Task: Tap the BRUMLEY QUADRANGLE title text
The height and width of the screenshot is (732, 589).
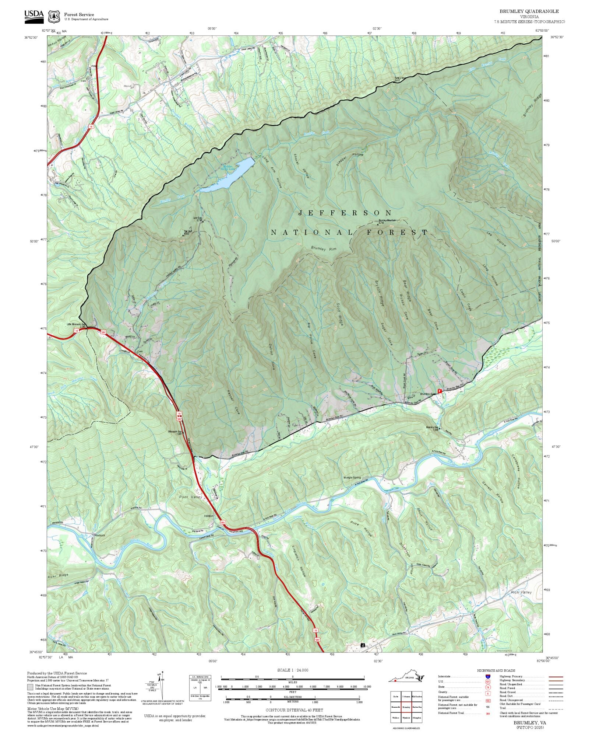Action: coord(529,11)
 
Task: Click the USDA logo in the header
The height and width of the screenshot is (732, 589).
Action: coord(34,16)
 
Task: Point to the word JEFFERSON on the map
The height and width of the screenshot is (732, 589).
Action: coord(345,213)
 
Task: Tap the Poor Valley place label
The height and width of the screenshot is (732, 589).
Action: coord(191,497)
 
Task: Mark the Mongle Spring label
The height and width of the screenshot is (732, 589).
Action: coord(352,478)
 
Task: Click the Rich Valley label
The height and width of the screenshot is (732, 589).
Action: coord(521,592)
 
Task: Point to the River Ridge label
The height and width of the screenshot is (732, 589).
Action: coord(58,575)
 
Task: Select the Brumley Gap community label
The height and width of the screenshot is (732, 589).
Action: coord(427,394)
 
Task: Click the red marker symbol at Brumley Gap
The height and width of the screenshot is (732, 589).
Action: coord(439,391)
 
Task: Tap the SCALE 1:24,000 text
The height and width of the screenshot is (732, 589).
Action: coord(293,670)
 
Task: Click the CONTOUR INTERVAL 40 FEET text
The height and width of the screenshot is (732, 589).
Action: coord(294,710)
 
